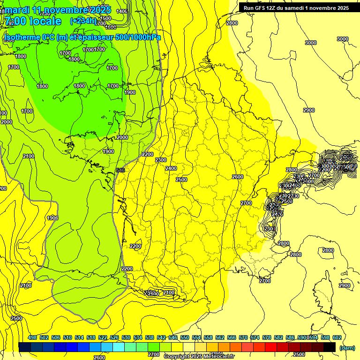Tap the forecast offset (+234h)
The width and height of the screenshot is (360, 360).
coord(83,21)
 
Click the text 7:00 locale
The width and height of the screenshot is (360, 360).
coord(33,21)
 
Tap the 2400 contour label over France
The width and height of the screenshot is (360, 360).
coord(171,168)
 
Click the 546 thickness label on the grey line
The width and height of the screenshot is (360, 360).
coord(120,170)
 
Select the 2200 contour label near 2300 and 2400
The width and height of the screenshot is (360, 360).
coord(148,154)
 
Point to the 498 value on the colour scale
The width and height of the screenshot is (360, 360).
coord(32,338)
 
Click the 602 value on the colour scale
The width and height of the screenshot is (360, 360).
coord(337,338)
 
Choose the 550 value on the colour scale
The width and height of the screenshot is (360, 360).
coord(185,338)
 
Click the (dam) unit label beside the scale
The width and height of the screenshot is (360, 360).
coord(347,347)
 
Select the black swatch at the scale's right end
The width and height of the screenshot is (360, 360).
coord(330,347)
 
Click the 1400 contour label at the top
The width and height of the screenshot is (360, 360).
coord(122,11)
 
